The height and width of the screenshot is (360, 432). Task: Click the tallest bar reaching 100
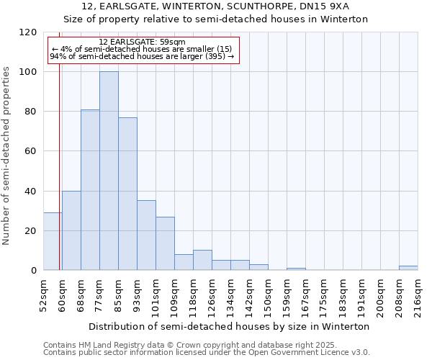pyautogui.click(x=109, y=171)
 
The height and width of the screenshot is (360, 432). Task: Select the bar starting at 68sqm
pyautogui.click(x=90, y=190)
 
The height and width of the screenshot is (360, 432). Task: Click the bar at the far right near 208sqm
pyautogui.click(x=408, y=268)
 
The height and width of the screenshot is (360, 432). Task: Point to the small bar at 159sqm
pyautogui.click(x=296, y=269)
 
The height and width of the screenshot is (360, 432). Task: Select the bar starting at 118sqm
pyautogui.click(x=202, y=261)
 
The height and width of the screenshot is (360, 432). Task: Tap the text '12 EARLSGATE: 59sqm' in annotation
pyautogui.click(x=142, y=42)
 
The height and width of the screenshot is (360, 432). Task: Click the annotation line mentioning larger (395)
pyautogui.click(x=142, y=56)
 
